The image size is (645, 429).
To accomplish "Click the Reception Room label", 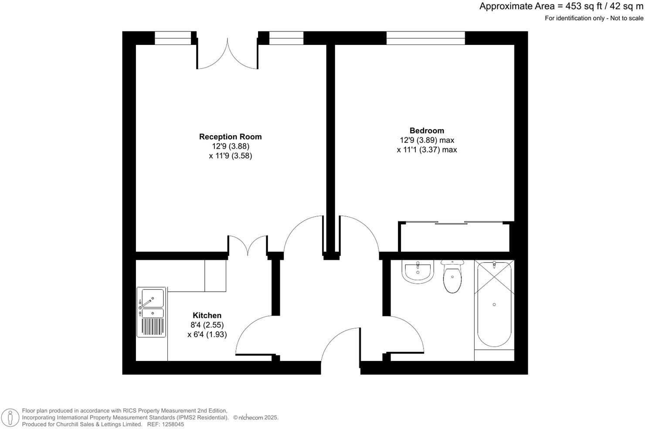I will tap(230, 136).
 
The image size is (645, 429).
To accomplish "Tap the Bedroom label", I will tap(427, 130).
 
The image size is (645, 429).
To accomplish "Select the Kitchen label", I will tap(207, 315).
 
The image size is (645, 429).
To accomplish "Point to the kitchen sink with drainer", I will tap(151, 312).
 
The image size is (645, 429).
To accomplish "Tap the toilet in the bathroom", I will tap(452, 276).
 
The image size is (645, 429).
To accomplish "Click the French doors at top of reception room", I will tap(227, 54).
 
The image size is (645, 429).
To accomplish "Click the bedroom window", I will tap(425, 38).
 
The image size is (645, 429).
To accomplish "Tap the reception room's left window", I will tap(173, 38).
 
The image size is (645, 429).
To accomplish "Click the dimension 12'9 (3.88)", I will tap(231, 146).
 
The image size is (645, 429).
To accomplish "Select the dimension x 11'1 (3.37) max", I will tap(427, 150).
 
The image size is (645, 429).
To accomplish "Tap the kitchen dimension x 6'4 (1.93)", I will tap(207, 334).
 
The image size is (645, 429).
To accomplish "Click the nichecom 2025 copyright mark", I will tap(256, 418).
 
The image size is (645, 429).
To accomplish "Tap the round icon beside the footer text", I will tap(10, 418).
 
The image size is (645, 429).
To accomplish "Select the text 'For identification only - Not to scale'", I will tap(594, 18).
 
